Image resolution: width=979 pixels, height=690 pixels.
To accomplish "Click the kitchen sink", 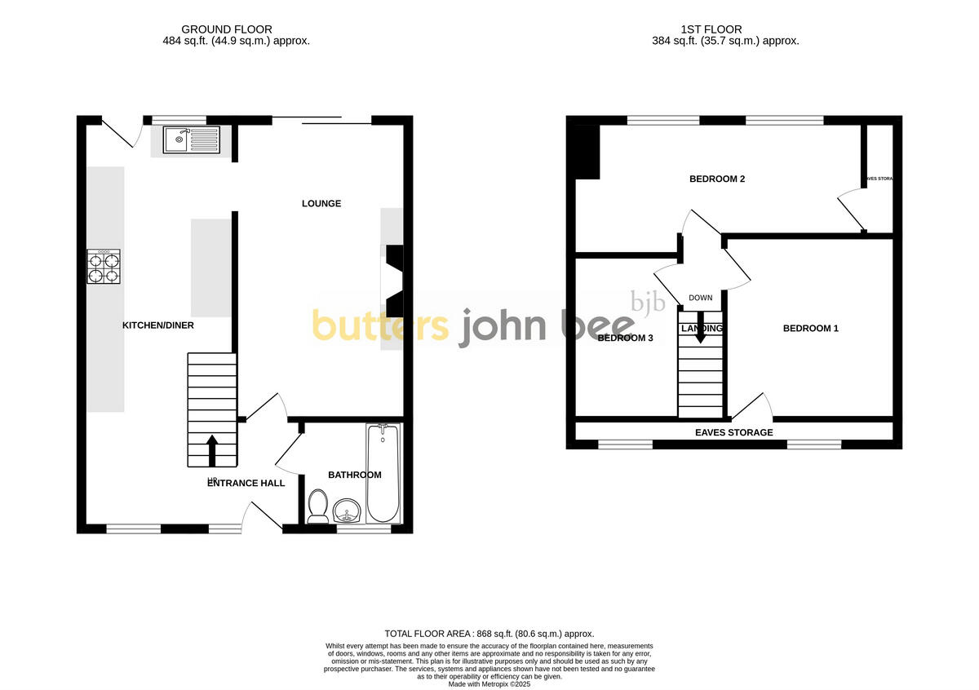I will tap(191, 139).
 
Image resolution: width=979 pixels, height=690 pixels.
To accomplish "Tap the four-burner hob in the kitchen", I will tap(104, 267).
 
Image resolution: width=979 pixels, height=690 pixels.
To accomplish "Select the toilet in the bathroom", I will tap(318, 505).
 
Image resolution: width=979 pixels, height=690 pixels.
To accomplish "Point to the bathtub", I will tap(383, 473).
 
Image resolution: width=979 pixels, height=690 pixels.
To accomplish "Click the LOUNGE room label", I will tap(321, 203).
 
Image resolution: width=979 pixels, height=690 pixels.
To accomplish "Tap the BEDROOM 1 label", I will tap(811, 329).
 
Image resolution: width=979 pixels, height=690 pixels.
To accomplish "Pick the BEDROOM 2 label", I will tap(717, 179).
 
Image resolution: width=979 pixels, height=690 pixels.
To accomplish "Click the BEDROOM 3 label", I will tap(626, 338).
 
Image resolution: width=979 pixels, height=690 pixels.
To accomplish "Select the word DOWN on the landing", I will tap(700, 298).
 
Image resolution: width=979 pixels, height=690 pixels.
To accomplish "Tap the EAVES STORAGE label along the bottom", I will tap(733, 432).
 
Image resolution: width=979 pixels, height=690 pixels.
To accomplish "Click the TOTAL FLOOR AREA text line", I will tap(489, 634).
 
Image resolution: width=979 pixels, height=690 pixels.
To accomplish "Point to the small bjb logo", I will tap(649, 303).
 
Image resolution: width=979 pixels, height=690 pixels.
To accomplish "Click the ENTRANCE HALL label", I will tap(246, 483).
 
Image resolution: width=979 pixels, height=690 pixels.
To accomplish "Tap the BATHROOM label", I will tap(355, 475).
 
